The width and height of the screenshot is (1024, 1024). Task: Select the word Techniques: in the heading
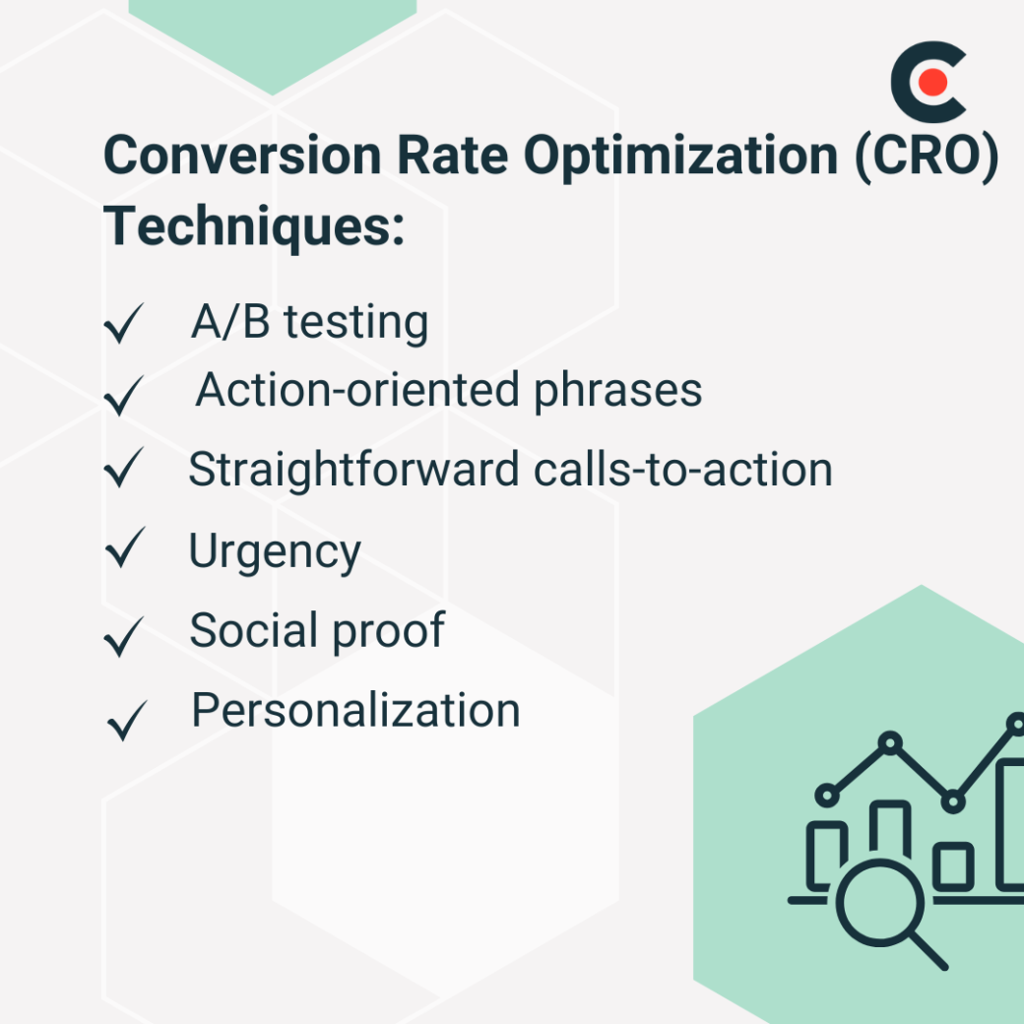[254, 226]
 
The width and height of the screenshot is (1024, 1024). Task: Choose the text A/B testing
[309, 322]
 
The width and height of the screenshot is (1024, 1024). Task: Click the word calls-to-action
[683, 470]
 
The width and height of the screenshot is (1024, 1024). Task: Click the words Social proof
[317, 631]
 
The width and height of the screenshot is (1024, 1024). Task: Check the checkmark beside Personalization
[126, 720]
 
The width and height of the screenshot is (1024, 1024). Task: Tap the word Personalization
[355, 710]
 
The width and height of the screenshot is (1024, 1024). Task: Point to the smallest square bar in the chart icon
[952, 865]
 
